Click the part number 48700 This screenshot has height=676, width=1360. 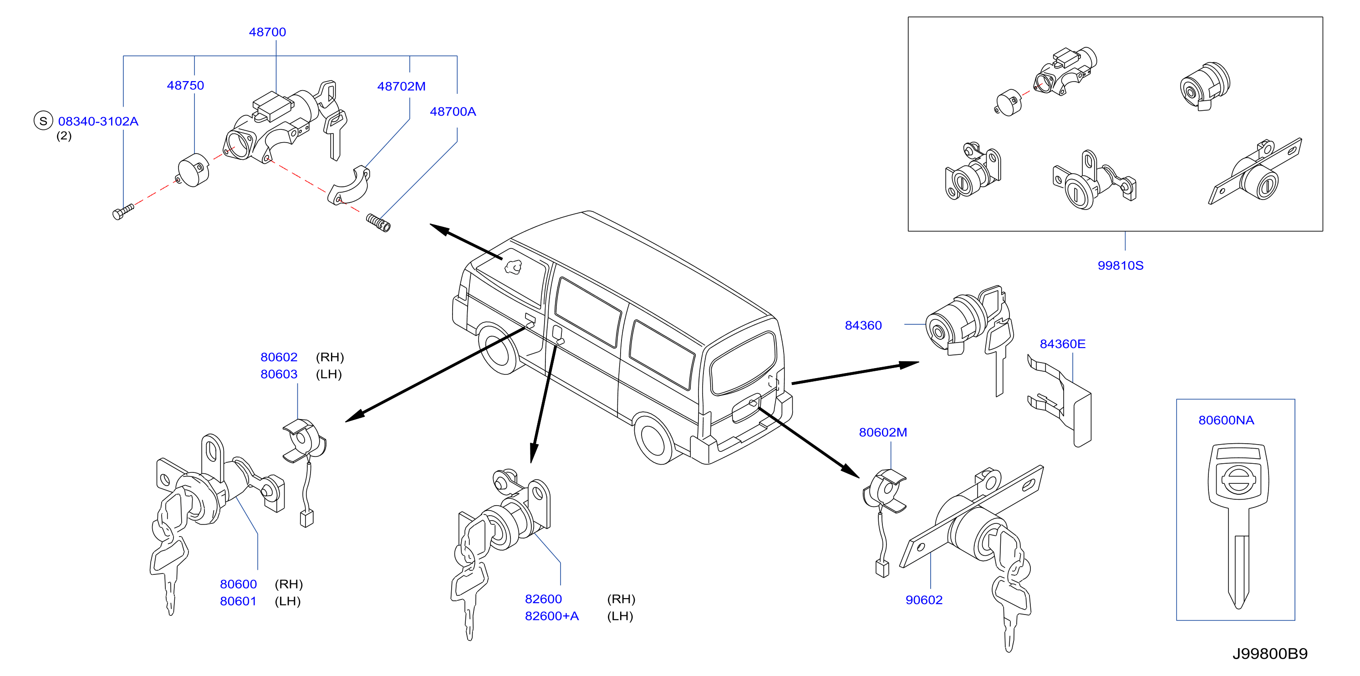[x=267, y=32]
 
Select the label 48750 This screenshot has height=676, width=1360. [x=185, y=86]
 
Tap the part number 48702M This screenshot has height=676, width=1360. [x=401, y=87]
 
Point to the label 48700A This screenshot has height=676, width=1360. [x=453, y=112]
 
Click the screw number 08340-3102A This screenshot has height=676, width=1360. [x=98, y=122]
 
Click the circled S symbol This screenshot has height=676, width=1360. [x=43, y=121]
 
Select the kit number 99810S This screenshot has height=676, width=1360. [x=1121, y=266]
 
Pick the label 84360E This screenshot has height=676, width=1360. [x=1062, y=344]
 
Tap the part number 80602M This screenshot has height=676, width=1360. [x=883, y=433]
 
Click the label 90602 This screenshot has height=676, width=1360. [x=924, y=600]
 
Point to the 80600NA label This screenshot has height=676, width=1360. [x=1226, y=420]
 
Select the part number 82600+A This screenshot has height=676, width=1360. [x=552, y=616]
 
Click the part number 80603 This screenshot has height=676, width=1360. [x=279, y=374]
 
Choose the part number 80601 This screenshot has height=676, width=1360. [x=238, y=602]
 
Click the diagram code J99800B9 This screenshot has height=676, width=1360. [x=1270, y=654]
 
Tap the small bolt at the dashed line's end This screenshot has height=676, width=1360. [x=123, y=212]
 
